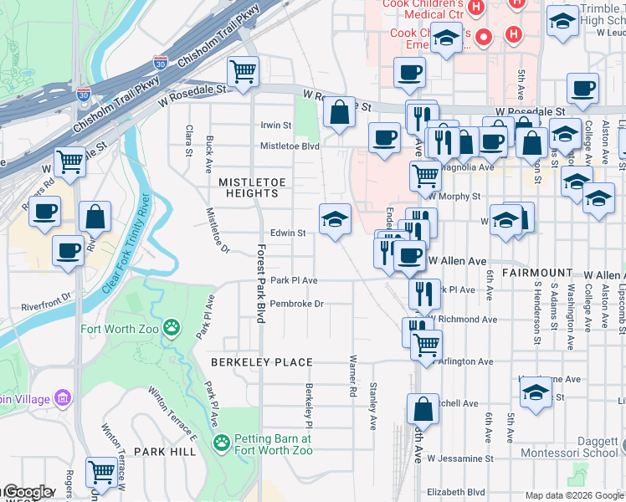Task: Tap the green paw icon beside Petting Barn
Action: point(222,443)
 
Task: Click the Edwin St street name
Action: point(287,233)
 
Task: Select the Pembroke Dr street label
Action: point(296,304)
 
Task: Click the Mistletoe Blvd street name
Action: point(290,146)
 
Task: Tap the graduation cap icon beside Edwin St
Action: point(335,219)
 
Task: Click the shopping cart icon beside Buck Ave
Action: point(243,72)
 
